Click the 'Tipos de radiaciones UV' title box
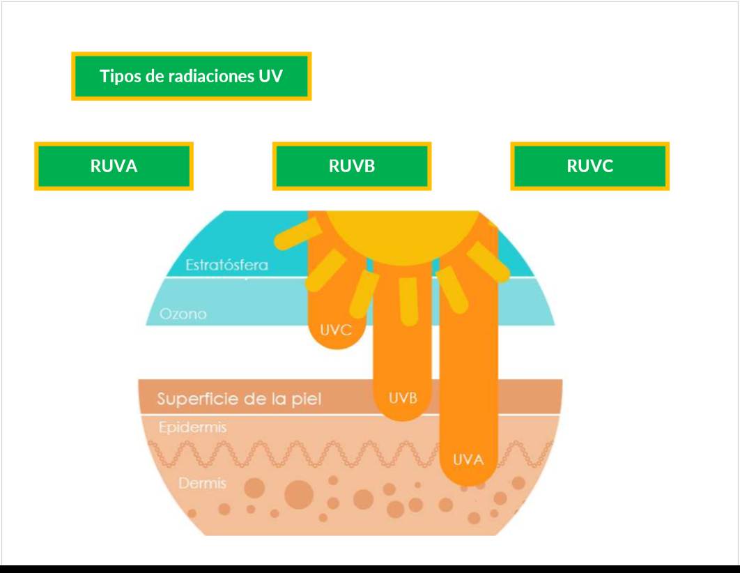(191, 76)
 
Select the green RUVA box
(114, 166)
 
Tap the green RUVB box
(352, 166)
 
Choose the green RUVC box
(590, 166)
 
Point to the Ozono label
(183, 314)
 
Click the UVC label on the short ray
(335, 330)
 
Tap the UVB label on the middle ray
(403, 399)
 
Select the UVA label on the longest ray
(468, 459)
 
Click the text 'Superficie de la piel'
(239, 399)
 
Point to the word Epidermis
(192, 427)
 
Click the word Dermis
(202, 483)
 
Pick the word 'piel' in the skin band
(307, 399)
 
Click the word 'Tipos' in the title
(121, 76)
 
